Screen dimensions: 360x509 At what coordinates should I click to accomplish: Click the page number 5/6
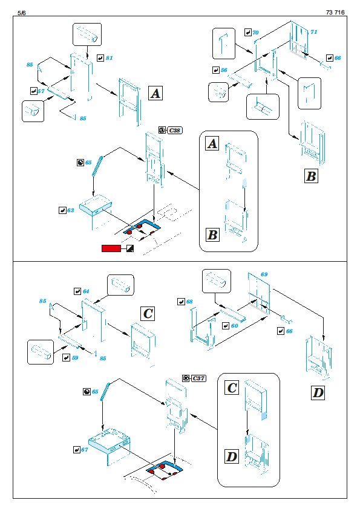point(21,13)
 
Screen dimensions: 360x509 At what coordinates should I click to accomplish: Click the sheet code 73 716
point(335,12)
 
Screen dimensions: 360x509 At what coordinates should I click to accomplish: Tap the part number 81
point(109,58)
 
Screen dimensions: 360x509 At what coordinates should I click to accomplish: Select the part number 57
point(41,91)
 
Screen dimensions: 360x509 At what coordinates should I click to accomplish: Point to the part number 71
point(313,32)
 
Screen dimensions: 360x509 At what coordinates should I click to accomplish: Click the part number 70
point(255,33)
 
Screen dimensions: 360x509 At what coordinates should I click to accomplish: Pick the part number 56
point(224,70)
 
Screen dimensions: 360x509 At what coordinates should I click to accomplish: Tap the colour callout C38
point(175,131)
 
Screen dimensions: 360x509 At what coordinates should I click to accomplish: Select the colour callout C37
point(198,378)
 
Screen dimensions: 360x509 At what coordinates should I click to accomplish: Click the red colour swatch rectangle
point(111,248)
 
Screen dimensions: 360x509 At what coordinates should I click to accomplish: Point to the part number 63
point(71,210)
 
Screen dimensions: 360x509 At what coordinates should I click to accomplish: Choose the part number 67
point(85,450)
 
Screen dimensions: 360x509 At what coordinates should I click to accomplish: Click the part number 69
point(264,274)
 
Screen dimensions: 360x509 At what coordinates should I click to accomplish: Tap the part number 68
point(189,302)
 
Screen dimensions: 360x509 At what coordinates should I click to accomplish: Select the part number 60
point(235,326)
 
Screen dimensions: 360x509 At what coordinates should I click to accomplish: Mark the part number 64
point(86,291)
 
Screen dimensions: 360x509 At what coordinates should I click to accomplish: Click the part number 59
point(75,358)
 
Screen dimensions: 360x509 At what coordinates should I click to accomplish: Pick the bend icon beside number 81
point(100,58)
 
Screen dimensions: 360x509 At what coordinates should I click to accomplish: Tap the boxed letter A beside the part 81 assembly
point(155,94)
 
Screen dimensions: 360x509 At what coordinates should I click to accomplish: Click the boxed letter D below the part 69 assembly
point(318,393)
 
